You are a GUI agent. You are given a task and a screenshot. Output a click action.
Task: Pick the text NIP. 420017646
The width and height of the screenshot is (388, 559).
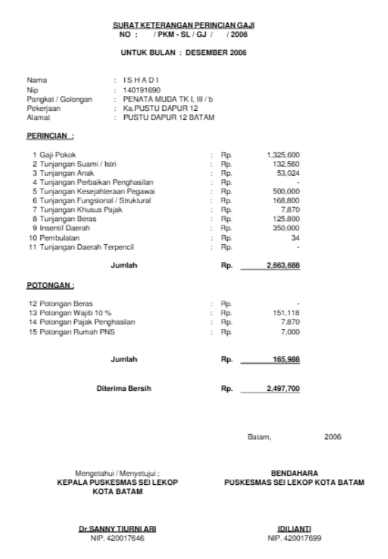117,536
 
